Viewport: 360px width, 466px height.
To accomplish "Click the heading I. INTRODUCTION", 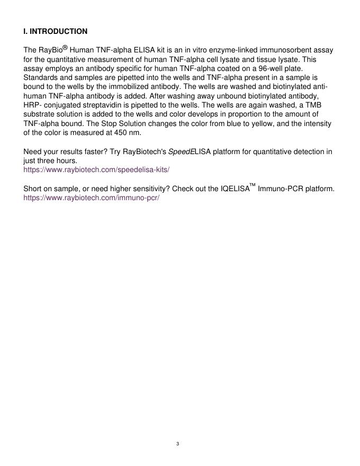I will pyautogui.click(x=56, y=32).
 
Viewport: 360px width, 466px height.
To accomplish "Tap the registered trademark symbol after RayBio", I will pyautogui.click(x=66, y=48).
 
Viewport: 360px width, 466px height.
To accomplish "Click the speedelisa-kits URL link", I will pyautogui.click(x=96, y=170).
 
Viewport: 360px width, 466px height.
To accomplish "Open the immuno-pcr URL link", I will pyautogui.click(x=91, y=198).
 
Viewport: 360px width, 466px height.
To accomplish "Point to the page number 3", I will pyautogui.click(x=178, y=444).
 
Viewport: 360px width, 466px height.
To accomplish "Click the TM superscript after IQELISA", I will pyautogui.click(x=253, y=185).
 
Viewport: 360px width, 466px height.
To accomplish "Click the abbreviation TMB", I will pyautogui.click(x=313, y=105).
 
